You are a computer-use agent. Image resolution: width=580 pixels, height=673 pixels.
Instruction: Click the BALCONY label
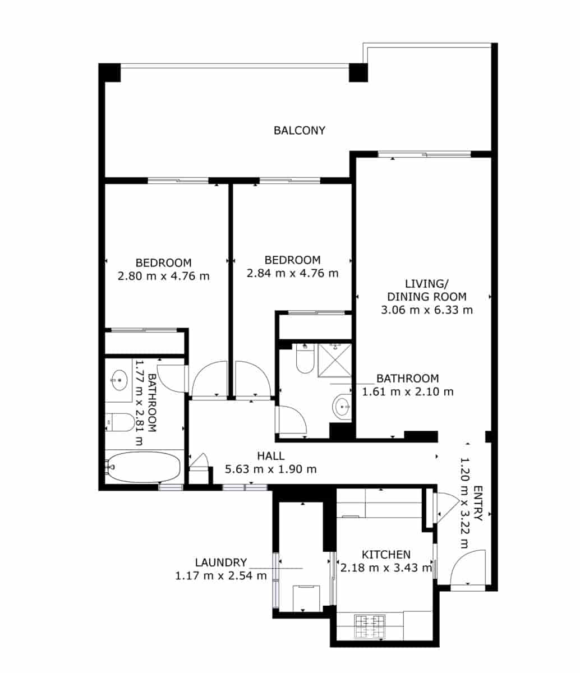click(299, 131)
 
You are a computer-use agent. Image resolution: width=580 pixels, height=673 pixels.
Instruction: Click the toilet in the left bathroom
click(120, 421)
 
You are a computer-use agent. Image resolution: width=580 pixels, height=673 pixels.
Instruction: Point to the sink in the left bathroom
click(119, 380)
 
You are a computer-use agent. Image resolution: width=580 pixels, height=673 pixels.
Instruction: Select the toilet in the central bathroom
click(305, 359)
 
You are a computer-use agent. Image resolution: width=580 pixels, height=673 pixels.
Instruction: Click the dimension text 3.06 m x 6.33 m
click(427, 310)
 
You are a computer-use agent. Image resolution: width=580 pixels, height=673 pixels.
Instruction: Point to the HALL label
click(270, 455)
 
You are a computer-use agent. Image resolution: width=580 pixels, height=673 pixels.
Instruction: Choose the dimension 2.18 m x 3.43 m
click(386, 568)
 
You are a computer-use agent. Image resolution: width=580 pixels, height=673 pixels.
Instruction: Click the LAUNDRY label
click(221, 563)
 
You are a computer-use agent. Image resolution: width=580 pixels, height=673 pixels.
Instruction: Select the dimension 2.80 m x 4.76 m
click(163, 276)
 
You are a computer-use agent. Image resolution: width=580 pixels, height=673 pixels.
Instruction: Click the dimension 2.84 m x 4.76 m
click(292, 274)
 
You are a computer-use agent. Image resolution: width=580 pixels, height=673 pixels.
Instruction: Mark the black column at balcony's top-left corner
click(110, 72)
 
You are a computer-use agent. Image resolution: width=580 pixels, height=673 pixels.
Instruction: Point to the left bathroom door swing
click(171, 378)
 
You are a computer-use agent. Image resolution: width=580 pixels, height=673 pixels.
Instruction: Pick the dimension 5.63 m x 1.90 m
click(270, 469)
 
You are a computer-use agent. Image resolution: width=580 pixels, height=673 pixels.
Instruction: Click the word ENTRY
click(477, 504)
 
